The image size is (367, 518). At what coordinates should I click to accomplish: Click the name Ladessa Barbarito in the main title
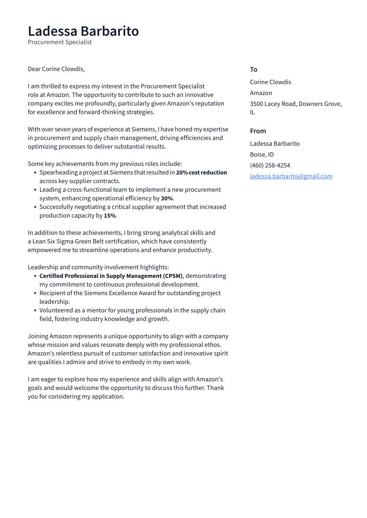[83, 31]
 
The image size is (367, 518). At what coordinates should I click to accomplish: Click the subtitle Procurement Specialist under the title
[60, 42]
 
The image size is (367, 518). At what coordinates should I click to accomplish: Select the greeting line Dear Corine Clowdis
[56, 69]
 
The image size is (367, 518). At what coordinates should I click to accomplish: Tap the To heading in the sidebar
[253, 69]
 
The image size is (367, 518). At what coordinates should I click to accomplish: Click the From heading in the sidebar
[258, 131]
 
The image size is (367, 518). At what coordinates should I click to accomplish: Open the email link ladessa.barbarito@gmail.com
[291, 176]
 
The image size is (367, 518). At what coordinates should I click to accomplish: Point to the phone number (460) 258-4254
[270, 165]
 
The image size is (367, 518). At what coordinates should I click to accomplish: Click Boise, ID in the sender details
[262, 154]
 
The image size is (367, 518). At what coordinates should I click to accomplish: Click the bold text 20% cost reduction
[201, 172]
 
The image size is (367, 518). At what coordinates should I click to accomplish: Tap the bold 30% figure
[167, 198]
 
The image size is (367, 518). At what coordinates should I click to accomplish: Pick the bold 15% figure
[109, 215]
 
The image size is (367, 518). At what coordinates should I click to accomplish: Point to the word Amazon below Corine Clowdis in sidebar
[261, 93]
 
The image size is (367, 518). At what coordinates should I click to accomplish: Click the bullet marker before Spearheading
[35, 173]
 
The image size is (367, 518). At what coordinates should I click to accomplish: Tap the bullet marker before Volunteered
[35, 310]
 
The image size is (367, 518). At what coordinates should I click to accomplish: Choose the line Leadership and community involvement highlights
[98, 267]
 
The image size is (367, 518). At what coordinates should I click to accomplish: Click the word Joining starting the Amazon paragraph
[37, 336]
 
